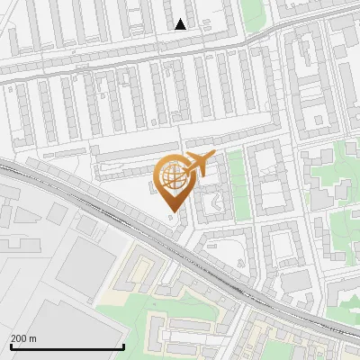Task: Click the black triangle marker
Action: click(181, 24)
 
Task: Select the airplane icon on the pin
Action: click(197, 164)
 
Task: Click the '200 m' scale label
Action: click(23, 338)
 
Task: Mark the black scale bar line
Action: click(67, 347)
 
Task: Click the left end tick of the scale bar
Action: click(10, 346)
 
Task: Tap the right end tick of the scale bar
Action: click(123, 346)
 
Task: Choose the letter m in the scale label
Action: click(33, 338)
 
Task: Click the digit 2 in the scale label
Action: click(14, 338)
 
